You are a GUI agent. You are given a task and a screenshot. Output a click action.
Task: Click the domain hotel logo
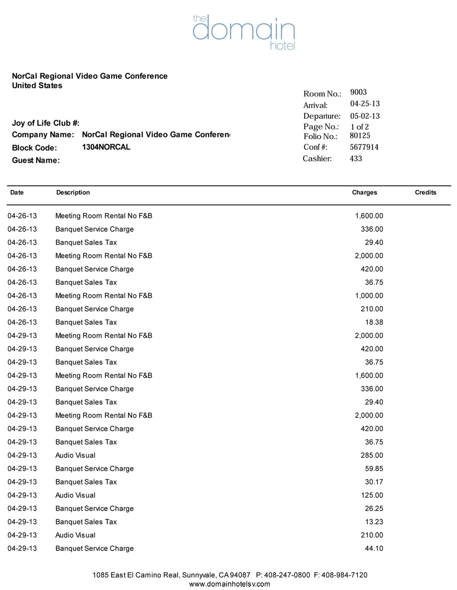tap(244, 32)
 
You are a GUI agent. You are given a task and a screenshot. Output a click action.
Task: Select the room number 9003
tap(358, 92)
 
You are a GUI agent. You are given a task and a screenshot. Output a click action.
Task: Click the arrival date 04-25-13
tap(365, 104)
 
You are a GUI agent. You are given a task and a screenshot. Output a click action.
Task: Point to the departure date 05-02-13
tap(365, 116)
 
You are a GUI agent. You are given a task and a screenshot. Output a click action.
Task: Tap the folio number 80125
tap(360, 136)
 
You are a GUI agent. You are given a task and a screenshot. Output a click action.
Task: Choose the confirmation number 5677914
tap(364, 147)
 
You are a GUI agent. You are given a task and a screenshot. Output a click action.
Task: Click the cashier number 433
tap(356, 158)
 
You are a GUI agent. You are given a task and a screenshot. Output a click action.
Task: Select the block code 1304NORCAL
tap(106, 147)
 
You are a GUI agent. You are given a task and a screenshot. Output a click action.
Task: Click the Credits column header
tap(425, 192)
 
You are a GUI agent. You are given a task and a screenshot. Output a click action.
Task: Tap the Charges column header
tap(364, 192)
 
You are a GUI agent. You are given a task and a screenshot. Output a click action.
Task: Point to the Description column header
tap(73, 192)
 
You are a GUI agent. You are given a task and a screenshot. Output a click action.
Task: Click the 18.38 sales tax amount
tap(374, 322)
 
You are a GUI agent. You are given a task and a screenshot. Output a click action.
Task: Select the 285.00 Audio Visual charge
tap(372, 455)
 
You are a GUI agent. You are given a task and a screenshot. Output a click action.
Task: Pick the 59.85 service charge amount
tap(374, 468)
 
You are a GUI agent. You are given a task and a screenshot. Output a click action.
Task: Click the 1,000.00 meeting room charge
tap(369, 296)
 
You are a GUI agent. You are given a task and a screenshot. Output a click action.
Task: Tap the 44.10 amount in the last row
tap(374, 548)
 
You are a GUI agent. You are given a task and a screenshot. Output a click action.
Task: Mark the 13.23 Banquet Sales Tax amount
tap(374, 522)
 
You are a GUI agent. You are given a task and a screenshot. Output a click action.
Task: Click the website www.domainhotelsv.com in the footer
tap(230, 584)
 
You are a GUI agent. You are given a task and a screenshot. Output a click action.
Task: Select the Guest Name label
tap(36, 160)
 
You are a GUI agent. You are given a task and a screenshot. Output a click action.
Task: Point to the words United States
tap(37, 86)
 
